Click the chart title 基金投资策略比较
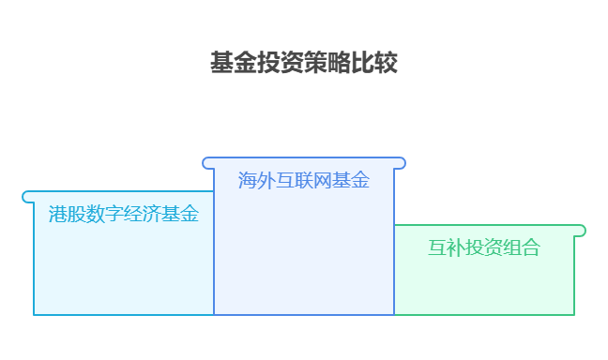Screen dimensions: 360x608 (x=304, y=64)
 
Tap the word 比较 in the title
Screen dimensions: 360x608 (x=374, y=64)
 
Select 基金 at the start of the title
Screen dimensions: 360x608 (x=234, y=64)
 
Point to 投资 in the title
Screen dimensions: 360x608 (x=281, y=64)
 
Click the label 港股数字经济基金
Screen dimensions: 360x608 (x=124, y=215)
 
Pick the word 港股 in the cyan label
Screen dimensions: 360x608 (x=68, y=215)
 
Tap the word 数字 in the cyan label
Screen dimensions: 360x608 (x=105, y=215)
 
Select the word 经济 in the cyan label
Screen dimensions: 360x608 (x=143, y=215)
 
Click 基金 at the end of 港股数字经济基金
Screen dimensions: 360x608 (x=180, y=215)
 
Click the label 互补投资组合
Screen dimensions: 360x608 (x=484, y=248)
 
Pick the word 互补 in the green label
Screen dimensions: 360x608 (x=447, y=248)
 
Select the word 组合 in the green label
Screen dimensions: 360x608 (x=522, y=248)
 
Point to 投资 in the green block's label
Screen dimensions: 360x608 (x=484, y=248)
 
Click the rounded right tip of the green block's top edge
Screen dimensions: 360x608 (x=581, y=231)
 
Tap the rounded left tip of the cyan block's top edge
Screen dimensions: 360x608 (x=27, y=197)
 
